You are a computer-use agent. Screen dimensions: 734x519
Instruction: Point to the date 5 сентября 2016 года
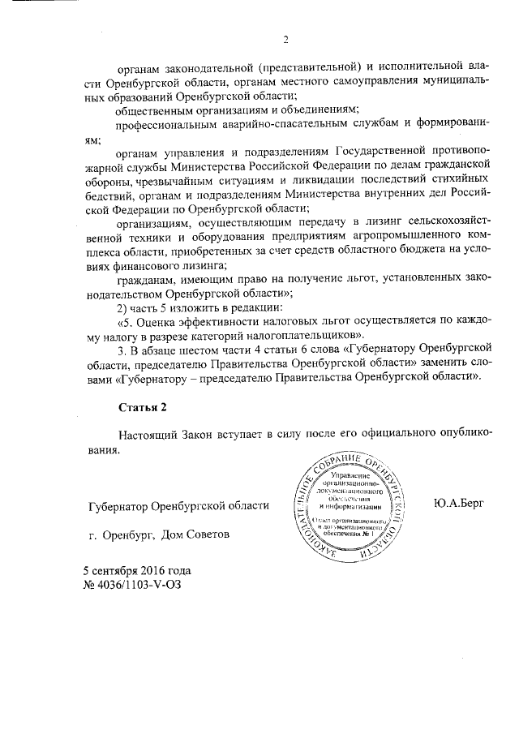pyautogui.click(x=136, y=570)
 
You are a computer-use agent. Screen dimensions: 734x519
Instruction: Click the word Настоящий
pyautogui.click(x=150, y=436)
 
